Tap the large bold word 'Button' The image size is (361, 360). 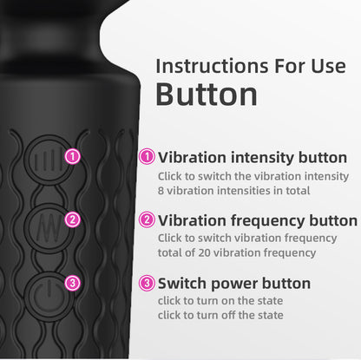(207, 95)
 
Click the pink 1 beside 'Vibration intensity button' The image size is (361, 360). (148, 157)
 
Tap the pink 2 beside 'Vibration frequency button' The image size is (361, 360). (148, 220)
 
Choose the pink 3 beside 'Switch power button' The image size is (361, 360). (148, 283)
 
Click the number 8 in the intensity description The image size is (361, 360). (161, 190)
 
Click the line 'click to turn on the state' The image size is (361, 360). (220, 300)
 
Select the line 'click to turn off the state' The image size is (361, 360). (220, 314)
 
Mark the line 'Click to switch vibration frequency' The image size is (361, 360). (247, 239)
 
